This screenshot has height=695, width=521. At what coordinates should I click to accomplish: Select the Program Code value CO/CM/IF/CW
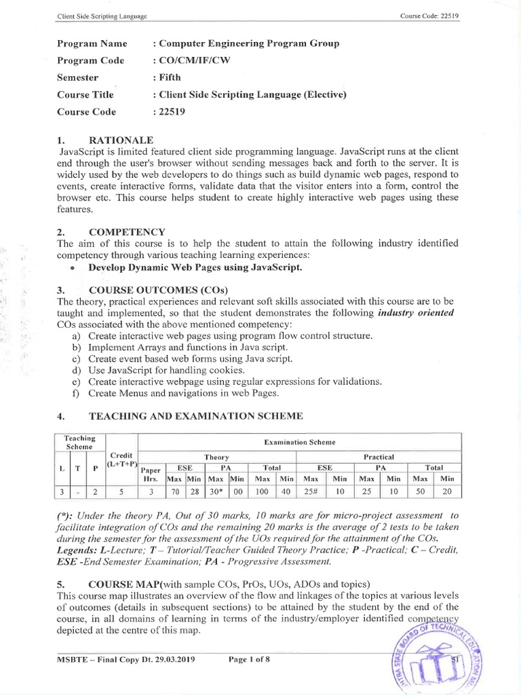pos(194,60)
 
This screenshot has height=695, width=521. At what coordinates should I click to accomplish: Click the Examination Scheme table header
pos(299,442)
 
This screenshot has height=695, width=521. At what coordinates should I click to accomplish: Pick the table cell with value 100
pos(261,491)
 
